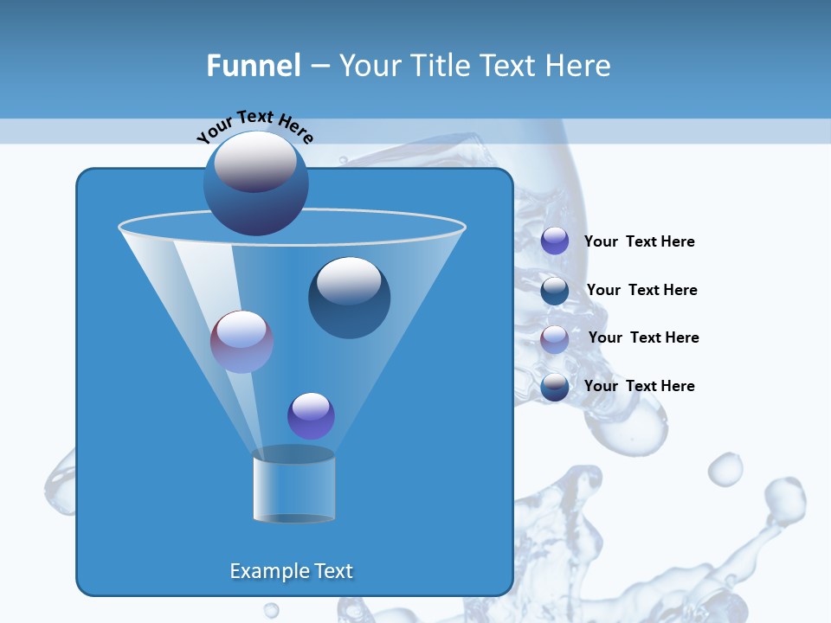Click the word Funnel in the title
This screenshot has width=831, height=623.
pyautogui.click(x=253, y=66)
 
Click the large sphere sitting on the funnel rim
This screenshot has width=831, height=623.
pyautogui.click(x=255, y=183)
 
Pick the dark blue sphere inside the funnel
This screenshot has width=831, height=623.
pyautogui.click(x=349, y=298)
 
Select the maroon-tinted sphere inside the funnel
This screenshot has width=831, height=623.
pyautogui.click(x=242, y=342)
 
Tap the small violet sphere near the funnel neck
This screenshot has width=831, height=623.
pyautogui.click(x=311, y=416)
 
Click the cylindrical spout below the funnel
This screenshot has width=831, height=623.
pyautogui.click(x=293, y=489)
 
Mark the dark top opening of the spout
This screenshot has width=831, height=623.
pyautogui.click(x=293, y=454)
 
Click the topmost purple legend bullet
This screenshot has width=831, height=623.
pyautogui.click(x=555, y=241)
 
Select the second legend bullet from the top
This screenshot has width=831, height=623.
pyautogui.click(x=555, y=290)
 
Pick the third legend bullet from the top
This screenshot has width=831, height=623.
pyautogui.click(x=555, y=339)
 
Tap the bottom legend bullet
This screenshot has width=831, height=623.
pyautogui.click(x=555, y=387)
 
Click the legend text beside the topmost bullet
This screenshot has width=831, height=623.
pyautogui.click(x=639, y=241)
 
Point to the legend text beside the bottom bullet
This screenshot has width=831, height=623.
pyautogui.click(x=639, y=386)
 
